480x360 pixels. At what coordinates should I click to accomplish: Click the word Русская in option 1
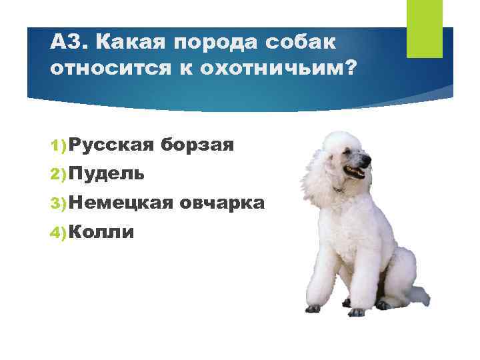(x=111, y=143)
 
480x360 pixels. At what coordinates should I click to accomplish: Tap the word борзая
(x=197, y=144)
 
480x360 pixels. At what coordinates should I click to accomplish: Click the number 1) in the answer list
(x=58, y=144)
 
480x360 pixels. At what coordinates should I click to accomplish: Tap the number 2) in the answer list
(x=58, y=173)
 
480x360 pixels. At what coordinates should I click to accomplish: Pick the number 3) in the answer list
(x=58, y=202)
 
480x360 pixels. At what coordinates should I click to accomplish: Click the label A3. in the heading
(x=69, y=43)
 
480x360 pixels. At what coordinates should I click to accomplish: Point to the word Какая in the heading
(x=130, y=43)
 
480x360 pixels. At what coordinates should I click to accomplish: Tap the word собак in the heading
(x=302, y=43)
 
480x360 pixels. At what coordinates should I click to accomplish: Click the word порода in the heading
(x=213, y=43)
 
